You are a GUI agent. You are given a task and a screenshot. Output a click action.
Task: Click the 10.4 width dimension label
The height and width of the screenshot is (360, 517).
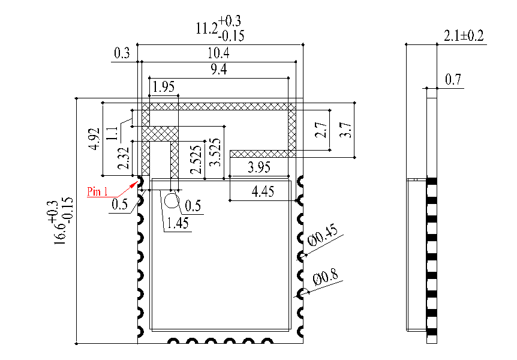(220, 53)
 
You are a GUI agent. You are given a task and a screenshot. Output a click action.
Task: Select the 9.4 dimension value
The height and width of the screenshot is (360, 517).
(220, 70)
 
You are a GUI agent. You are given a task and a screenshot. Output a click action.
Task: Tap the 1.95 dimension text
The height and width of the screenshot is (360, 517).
(164, 87)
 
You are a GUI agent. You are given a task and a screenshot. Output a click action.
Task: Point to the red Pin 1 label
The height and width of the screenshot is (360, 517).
(97, 192)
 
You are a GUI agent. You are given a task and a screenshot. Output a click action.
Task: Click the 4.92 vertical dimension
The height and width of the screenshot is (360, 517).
(93, 139)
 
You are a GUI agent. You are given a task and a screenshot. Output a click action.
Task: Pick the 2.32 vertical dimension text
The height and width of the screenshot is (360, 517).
(124, 158)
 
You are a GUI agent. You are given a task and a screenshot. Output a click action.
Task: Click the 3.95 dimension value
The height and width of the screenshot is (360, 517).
(260, 168)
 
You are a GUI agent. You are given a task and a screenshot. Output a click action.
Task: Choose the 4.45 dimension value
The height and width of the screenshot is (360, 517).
(263, 192)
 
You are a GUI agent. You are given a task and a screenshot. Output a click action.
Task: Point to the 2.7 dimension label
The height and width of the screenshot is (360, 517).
(322, 130)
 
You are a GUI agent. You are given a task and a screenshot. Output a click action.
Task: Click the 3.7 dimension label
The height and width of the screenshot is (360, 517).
(345, 130)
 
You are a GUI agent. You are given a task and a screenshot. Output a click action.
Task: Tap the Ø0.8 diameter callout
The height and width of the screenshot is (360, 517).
(326, 278)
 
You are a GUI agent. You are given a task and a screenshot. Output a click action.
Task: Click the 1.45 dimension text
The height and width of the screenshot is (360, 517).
(178, 223)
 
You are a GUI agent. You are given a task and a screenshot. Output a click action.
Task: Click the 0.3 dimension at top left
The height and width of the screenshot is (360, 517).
(122, 54)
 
